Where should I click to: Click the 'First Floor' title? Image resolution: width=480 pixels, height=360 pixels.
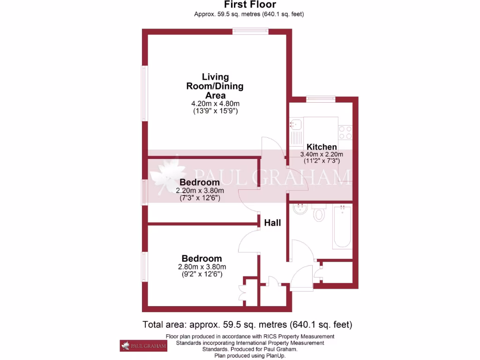[249, 5]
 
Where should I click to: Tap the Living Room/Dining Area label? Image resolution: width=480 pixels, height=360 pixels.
[215, 86]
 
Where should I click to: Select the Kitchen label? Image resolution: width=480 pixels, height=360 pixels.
[322, 147]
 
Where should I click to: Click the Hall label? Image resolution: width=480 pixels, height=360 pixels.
[272, 223]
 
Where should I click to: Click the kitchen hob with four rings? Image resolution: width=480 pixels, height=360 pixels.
[345, 132]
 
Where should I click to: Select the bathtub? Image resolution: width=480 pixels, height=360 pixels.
[342, 227]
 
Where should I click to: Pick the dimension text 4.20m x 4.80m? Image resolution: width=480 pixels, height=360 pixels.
[215, 104]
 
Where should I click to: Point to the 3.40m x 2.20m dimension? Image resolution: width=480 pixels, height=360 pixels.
[322, 154]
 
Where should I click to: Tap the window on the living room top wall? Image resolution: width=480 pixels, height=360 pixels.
[251, 31]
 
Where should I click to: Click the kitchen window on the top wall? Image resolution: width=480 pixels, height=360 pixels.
[321, 99]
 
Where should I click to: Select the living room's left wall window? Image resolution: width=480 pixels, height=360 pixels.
[145, 93]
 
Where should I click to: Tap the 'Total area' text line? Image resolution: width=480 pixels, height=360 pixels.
[247, 324]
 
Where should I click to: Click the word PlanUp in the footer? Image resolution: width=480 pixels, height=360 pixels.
[275, 356]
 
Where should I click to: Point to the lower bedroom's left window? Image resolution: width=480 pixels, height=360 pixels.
[145, 267]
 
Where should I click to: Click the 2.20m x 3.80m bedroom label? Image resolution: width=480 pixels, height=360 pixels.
[200, 191]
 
